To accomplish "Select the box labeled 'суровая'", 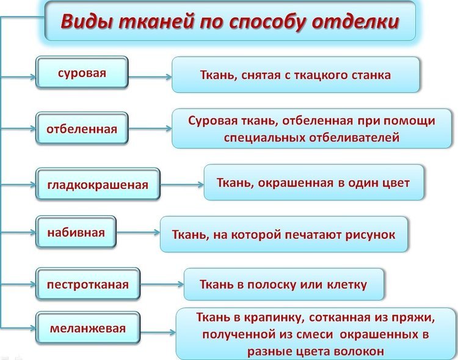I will click(82, 73).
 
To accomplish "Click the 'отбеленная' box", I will click(82, 129).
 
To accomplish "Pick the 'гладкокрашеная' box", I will click(98, 184).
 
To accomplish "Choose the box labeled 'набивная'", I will click(76, 233).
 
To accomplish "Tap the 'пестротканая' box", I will click(88, 284).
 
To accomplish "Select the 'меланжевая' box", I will click(88, 329).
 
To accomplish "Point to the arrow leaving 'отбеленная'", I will click(150, 129).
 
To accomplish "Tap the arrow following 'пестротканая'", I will click(162, 284).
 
